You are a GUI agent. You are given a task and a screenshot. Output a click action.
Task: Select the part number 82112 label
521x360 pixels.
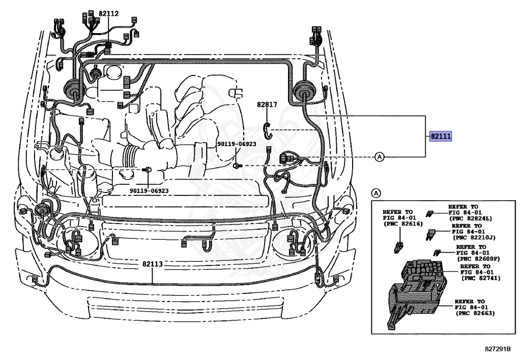point(108,14)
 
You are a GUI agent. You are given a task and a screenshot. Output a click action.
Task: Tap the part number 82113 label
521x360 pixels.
point(152,264)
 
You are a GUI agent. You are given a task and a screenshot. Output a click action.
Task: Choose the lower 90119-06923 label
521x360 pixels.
point(149,190)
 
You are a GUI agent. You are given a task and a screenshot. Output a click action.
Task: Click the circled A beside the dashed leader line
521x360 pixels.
point(380,156)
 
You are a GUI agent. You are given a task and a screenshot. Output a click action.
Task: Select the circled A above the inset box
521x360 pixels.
point(375,193)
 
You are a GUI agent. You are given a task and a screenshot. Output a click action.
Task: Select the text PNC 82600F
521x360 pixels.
point(478,258)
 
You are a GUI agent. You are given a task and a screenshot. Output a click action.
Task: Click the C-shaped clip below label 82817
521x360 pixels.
point(268,131)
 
